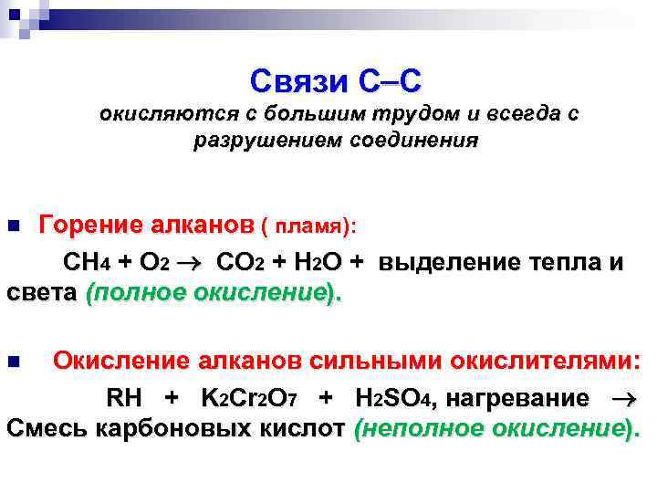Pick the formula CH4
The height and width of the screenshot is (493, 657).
(87, 263)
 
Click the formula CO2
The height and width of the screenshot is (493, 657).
(240, 263)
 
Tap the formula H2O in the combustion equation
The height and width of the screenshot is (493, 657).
(316, 263)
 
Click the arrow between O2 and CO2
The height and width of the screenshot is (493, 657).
(195, 263)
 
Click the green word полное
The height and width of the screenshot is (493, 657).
(136, 292)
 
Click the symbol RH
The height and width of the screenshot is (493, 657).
(125, 399)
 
